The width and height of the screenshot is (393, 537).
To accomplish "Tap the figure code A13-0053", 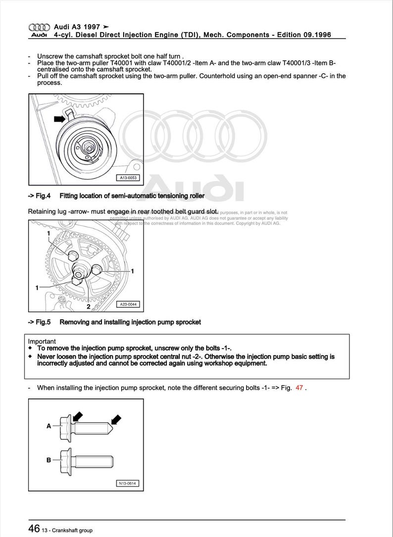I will coord(127,178).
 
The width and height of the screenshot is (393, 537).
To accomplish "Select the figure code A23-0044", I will coord(127,305).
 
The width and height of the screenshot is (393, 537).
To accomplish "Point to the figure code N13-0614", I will coord(127,483).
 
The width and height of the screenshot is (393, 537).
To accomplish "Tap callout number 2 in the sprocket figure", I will coord(89,307).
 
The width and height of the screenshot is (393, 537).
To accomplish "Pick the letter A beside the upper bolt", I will coord(49,426).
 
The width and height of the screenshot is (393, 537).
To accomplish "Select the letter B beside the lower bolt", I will coord(49,460).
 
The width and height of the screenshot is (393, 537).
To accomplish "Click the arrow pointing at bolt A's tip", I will coord(116,420).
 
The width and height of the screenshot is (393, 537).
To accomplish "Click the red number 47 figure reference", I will coord(299,388).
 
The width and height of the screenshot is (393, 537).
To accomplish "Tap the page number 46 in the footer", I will coord(34,529).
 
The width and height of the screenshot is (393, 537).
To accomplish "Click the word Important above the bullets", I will coord(42,341).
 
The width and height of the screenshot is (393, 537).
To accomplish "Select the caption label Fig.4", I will coord(40,196).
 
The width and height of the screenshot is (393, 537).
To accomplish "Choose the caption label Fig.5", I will coord(40,322).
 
